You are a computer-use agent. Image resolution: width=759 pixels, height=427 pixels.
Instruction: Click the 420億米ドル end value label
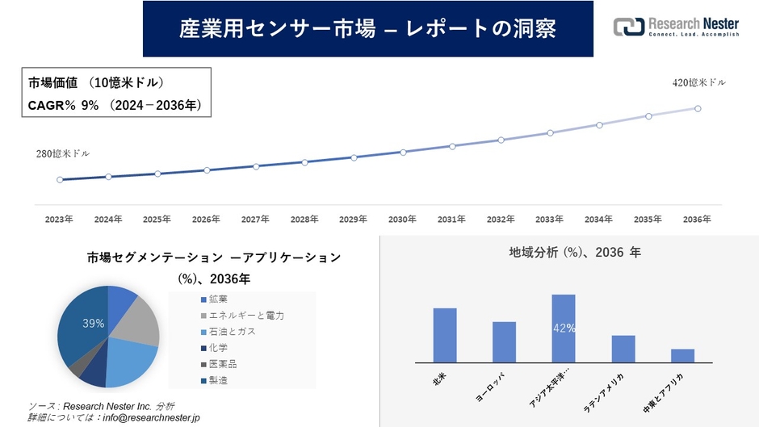coord(698,83)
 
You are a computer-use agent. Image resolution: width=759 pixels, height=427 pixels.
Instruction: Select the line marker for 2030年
coord(403,152)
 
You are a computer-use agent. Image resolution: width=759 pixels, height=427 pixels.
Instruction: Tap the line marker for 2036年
coord(698,108)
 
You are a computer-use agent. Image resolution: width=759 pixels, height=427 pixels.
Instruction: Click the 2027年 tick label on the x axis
coord(255,220)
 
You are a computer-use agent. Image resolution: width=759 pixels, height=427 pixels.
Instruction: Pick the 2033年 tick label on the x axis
coord(549,220)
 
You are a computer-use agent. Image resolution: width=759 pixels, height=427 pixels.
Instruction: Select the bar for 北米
coord(445,335)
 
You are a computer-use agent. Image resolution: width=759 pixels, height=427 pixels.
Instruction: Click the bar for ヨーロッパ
coord(504,342)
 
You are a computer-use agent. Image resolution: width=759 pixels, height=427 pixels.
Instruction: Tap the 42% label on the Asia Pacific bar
coord(564,328)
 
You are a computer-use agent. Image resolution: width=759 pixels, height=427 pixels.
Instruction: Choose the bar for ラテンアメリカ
coord(623,349)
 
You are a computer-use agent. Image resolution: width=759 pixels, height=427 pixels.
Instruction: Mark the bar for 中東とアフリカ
coord(682,355)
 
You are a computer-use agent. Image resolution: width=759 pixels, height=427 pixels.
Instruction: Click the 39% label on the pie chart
coord(93,323)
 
